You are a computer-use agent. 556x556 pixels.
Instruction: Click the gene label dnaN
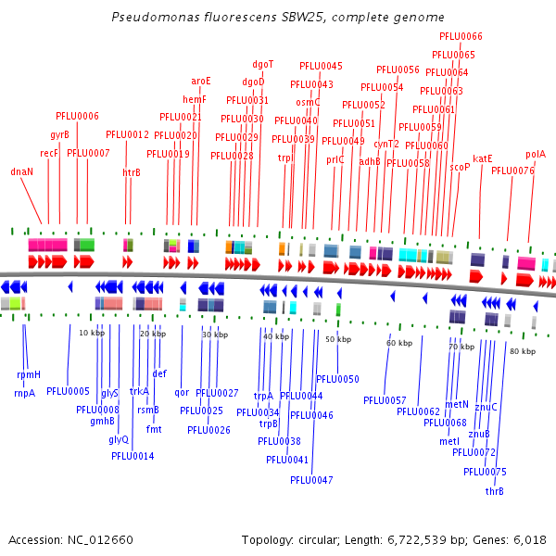[22, 171]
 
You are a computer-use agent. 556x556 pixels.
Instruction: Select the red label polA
[536, 155]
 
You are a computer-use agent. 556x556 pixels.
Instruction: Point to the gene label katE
[483, 158]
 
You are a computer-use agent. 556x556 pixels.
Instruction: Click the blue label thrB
[495, 491]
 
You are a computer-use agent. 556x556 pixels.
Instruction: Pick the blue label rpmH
[29, 374]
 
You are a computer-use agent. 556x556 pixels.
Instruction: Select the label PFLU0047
[311, 480]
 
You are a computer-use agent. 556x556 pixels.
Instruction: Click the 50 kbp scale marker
[338, 340]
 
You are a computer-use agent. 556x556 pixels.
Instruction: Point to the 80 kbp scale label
[523, 351]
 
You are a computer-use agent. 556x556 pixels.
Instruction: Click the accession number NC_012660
[97, 540]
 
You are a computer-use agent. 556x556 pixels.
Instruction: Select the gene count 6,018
[527, 540]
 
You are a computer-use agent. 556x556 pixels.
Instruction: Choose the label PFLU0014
[133, 456]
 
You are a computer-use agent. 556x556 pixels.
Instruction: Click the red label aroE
[201, 81]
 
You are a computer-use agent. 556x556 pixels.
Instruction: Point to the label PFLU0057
[385, 400]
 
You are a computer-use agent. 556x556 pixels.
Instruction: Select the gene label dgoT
[263, 64]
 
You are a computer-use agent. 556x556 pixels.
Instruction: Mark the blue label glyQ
[119, 439]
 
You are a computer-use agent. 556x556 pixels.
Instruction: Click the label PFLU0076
[512, 171]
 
